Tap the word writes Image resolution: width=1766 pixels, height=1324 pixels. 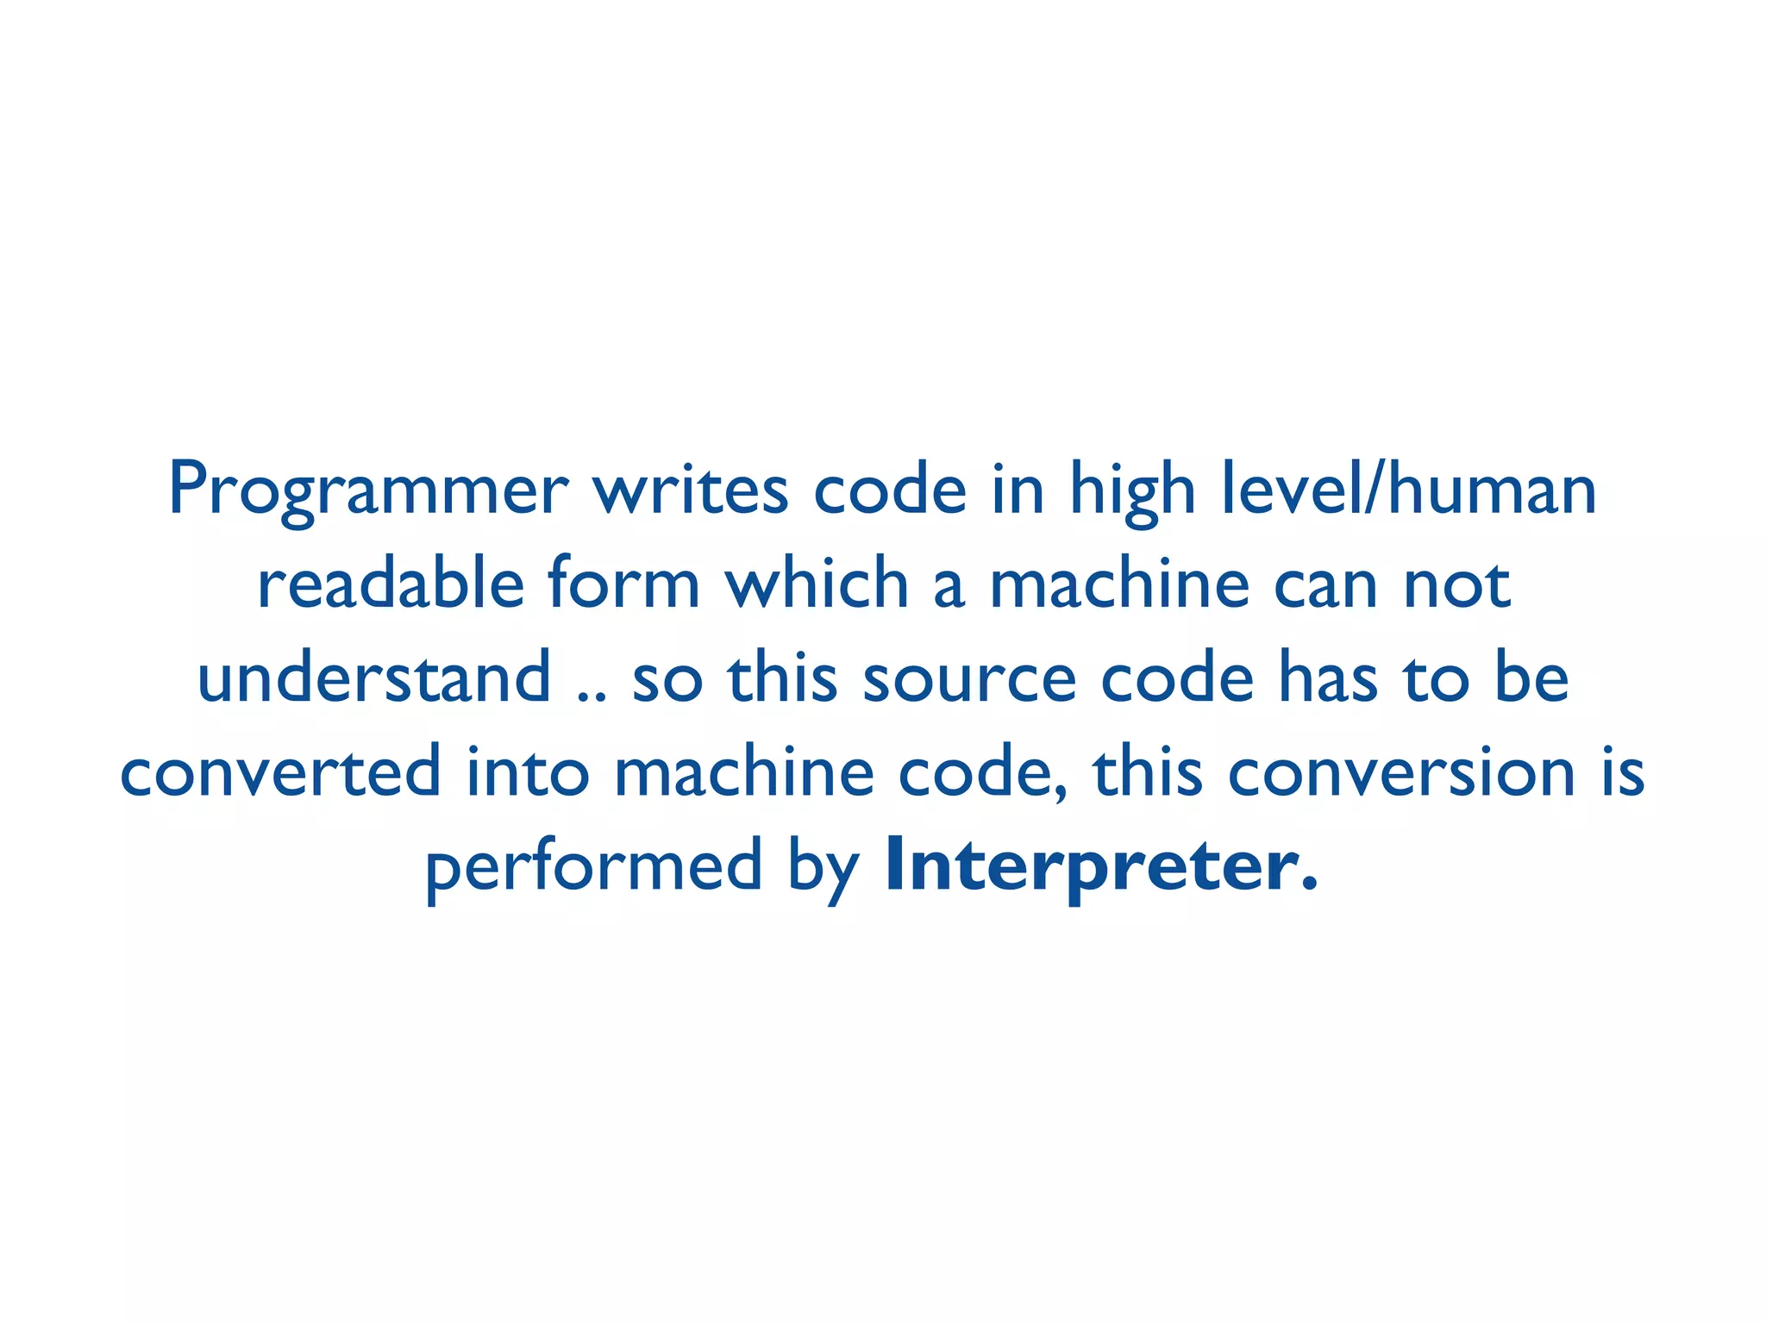coord(690,490)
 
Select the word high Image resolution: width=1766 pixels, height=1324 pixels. coord(1132,490)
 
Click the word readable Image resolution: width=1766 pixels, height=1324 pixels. coord(391,584)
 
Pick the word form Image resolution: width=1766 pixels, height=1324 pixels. coord(623,584)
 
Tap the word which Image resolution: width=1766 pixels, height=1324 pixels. coord(817,584)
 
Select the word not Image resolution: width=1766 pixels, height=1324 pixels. coord(1457,584)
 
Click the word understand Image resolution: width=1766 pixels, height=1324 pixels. coord(373,678)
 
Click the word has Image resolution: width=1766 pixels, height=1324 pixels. coord(1328,678)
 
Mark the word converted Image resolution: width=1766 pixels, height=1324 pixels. coord(280,771)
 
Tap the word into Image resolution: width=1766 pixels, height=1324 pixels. coord(528,771)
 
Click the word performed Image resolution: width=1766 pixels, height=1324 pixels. coord(593,867)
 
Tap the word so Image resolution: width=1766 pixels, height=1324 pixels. coord(667,679)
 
